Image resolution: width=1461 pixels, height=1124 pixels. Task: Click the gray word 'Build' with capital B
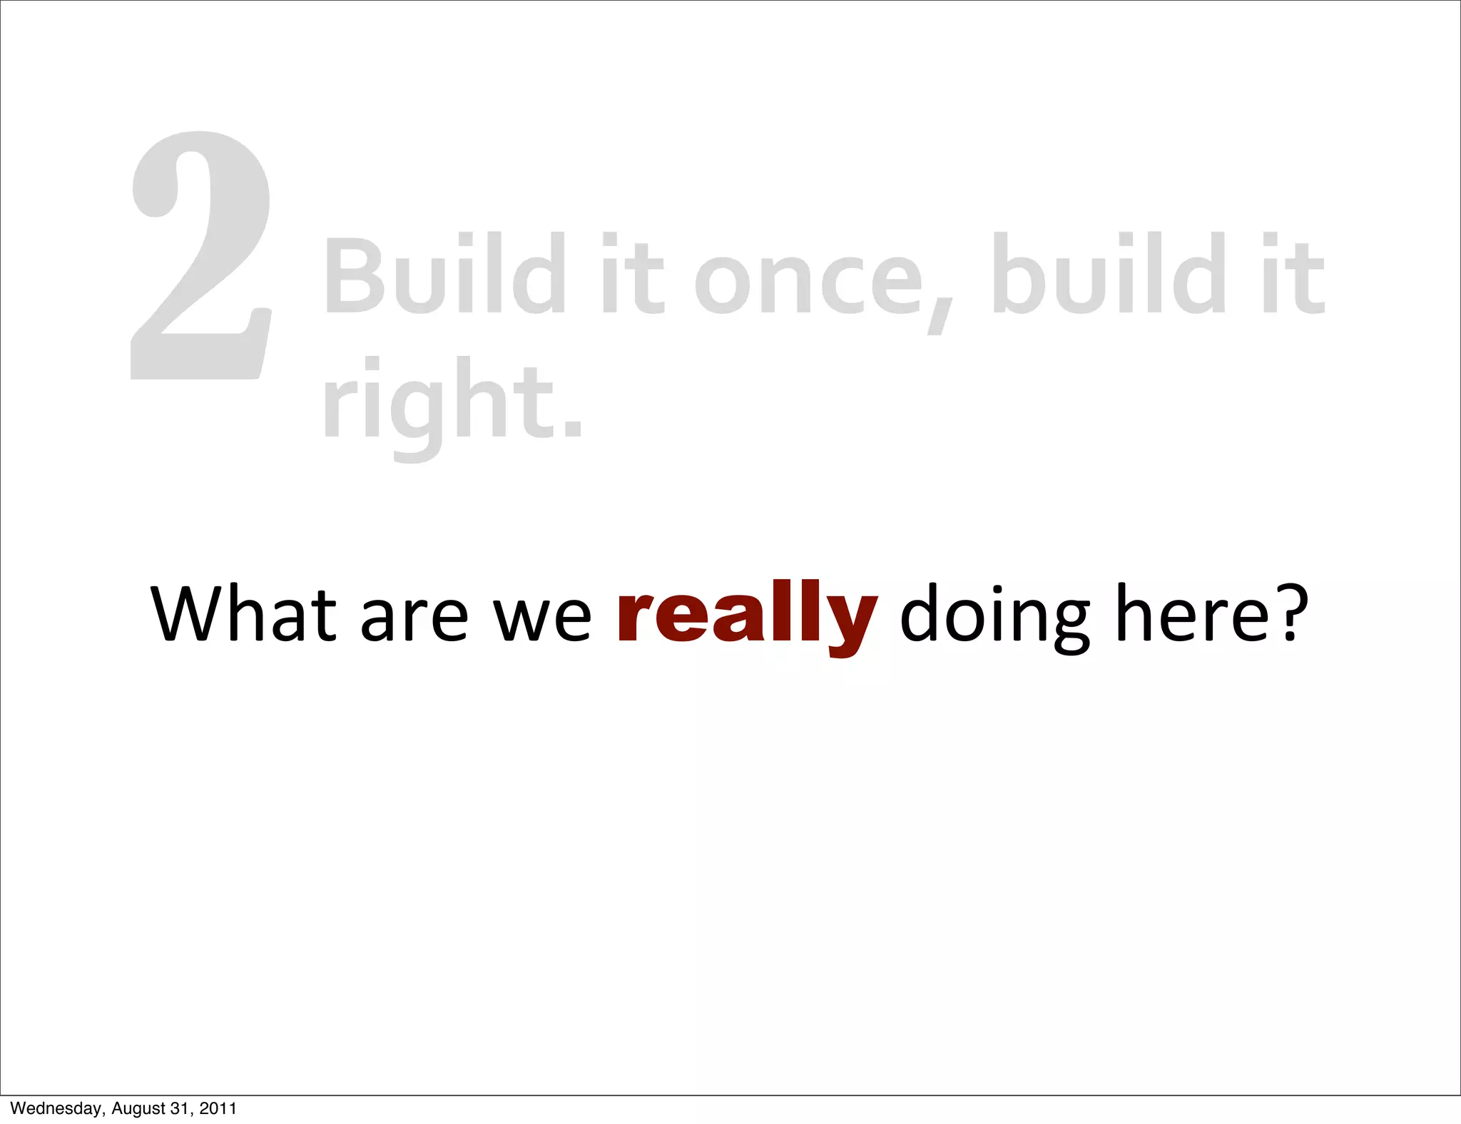446,274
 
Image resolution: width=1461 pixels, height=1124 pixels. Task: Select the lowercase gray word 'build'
1109,274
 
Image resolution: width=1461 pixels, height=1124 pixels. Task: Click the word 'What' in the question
243,613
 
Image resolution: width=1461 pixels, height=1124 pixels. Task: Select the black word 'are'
414,618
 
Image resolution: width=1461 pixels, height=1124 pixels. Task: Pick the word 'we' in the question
542,618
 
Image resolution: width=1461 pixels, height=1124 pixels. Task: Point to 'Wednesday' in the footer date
56,1108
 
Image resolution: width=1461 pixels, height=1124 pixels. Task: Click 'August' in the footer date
138,1108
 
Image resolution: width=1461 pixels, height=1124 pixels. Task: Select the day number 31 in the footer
180,1108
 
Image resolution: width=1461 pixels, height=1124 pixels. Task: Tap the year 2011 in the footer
218,1108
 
